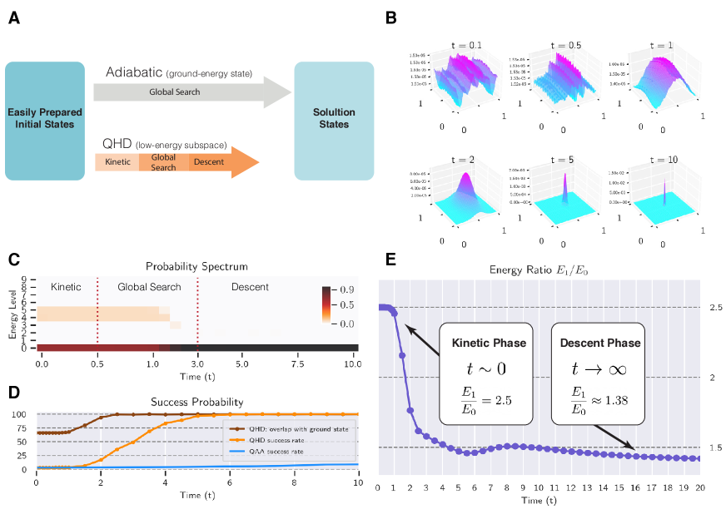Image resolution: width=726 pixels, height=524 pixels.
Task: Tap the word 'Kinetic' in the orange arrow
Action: tap(118, 161)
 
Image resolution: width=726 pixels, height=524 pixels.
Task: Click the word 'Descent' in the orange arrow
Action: tap(208, 161)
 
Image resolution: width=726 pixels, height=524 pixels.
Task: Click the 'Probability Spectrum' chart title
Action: tap(196, 267)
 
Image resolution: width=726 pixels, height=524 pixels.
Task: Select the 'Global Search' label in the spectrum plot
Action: tap(147, 287)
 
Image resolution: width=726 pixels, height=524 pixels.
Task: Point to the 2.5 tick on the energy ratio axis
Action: tap(714, 308)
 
